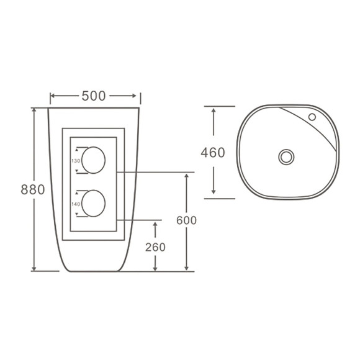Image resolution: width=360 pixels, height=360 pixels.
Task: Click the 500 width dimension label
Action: pyautogui.click(x=94, y=96)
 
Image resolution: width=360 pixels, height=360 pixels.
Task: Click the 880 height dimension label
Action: pyautogui.click(x=33, y=190)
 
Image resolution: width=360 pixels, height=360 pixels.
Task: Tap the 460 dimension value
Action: pyautogui.click(x=213, y=153)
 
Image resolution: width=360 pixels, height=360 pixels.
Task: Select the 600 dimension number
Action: pyautogui.click(x=186, y=220)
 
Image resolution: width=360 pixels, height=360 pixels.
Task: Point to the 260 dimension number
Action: pyautogui.click(x=155, y=247)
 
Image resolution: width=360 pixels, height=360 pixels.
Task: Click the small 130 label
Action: pyautogui.click(x=76, y=161)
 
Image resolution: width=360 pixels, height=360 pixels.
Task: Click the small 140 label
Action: pyautogui.click(x=76, y=204)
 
